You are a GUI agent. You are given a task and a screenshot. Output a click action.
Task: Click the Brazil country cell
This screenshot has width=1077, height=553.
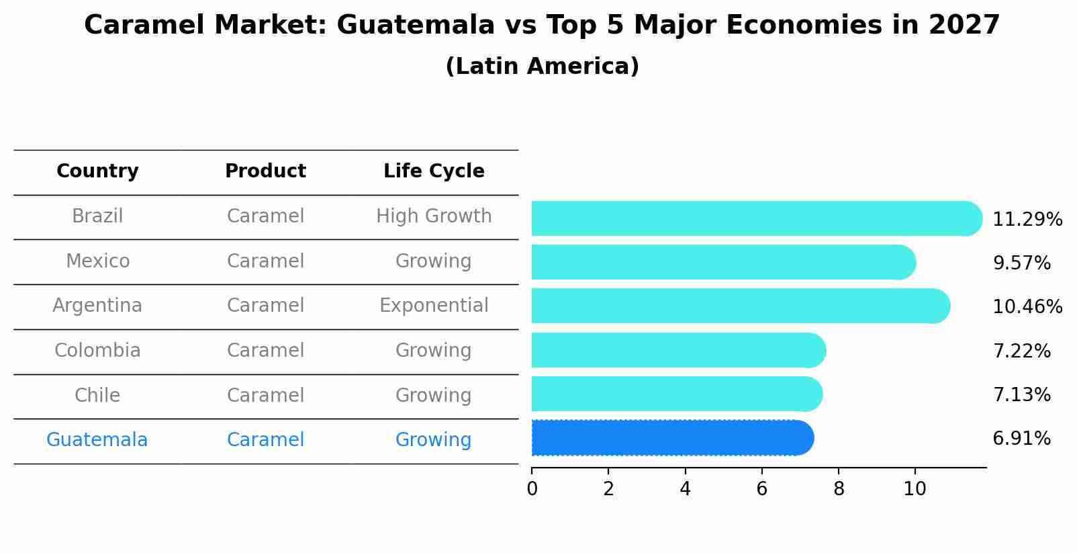coord(97,216)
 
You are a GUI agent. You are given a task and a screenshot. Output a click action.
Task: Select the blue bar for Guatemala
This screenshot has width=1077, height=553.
coord(671,438)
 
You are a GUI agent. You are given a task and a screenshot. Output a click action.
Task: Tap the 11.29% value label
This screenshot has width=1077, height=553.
coord(1027,220)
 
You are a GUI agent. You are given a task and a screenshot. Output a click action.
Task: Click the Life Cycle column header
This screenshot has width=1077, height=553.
coord(434,171)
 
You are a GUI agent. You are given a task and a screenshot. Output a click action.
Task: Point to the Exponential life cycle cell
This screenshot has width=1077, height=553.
coord(434,306)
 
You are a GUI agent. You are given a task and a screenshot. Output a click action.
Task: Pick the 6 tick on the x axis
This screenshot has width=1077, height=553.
coord(761,488)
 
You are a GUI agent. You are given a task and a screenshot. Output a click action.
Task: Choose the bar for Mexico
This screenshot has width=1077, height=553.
coord(722,262)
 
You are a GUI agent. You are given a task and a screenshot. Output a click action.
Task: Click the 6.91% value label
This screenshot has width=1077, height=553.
coord(1021,439)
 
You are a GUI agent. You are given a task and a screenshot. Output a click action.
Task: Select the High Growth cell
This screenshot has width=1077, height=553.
coord(434,216)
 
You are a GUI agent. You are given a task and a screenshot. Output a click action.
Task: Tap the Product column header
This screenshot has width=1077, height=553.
coord(265,171)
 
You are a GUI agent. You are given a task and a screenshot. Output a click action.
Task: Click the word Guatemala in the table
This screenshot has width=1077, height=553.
coord(97,440)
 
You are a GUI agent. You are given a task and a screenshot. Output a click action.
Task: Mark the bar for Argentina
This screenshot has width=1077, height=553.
coord(739,306)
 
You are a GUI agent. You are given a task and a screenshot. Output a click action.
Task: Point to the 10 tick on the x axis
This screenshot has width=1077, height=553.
coord(915,488)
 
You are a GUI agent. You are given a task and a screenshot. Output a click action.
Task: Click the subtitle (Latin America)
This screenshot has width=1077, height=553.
coord(542,67)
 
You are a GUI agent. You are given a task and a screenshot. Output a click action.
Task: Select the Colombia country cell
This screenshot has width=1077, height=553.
coord(97,351)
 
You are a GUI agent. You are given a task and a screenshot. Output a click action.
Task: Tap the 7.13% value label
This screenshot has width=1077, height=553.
coord(1021,394)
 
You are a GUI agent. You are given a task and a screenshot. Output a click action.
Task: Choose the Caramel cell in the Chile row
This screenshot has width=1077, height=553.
coord(265,395)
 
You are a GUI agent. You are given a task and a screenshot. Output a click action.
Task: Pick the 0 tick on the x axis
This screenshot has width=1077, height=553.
coord(532,488)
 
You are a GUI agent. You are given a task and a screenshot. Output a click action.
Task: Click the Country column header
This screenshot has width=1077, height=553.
coord(97,171)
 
